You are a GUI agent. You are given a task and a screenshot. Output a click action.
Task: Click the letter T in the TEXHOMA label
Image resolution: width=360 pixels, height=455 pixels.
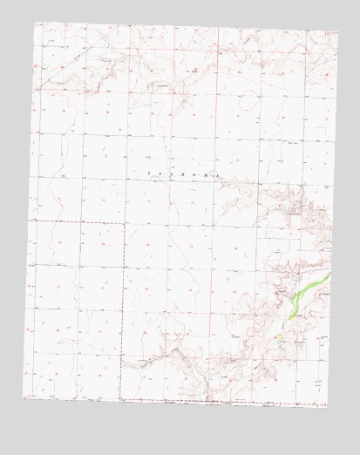click(x=150, y=174)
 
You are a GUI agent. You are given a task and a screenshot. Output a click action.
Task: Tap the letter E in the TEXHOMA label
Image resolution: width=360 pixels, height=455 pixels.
click(x=161, y=174)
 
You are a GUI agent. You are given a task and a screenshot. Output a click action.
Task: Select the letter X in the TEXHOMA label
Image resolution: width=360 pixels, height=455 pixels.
click(x=173, y=174)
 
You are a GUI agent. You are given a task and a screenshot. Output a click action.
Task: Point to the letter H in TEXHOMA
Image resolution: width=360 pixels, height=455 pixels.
click(x=184, y=174)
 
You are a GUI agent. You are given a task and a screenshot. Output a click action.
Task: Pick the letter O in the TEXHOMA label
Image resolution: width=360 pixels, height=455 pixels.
click(x=195, y=174)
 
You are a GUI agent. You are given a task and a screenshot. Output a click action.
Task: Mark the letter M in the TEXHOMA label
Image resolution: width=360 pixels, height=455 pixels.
click(x=207, y=174)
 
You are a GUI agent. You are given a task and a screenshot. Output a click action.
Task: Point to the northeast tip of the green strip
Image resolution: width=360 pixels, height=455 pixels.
click(x=330, y=275)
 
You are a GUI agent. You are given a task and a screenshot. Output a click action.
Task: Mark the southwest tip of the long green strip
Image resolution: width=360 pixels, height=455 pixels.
click(x=289, y=316)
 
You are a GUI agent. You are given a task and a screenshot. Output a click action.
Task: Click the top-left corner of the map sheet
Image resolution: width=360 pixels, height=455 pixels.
click(x=35, y=22)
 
